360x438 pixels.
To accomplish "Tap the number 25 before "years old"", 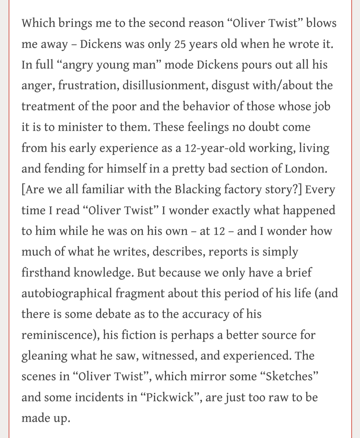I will pyautogui.click(x=180, y=44).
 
